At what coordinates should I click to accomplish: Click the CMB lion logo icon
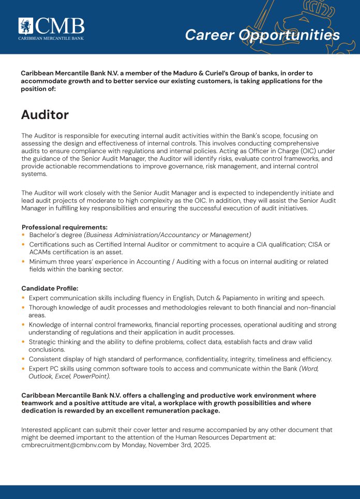(26, 26)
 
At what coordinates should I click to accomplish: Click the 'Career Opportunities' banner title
(262, 35)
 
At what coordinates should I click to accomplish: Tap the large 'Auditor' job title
(44, 114)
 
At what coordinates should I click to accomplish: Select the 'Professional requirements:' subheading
(64, 227)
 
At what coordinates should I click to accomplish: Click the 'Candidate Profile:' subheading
(50, 288)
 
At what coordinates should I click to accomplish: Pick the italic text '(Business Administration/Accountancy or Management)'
(168, 235)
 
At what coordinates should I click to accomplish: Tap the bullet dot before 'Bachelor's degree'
(24, 235)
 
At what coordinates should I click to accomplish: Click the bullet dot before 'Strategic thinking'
(24, 342)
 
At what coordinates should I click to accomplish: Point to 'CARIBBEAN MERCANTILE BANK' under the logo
(51, 38)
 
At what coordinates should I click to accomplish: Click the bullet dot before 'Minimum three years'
(24, 262)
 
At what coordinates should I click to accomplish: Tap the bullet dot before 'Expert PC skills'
(24, 369)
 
